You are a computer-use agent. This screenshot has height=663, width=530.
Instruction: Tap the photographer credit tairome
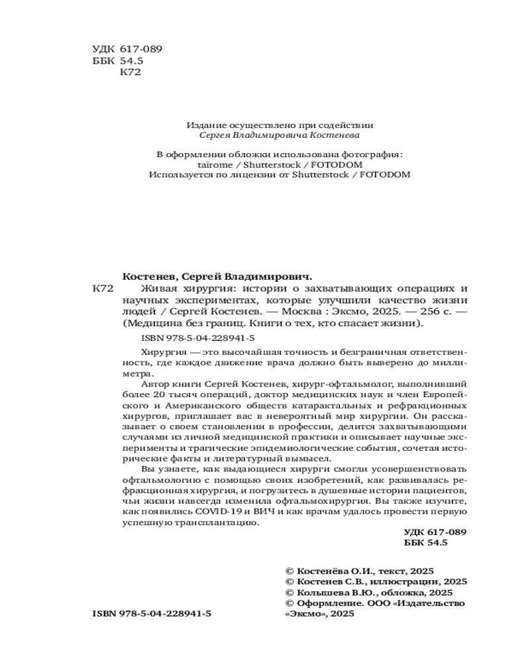click(217, 164)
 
